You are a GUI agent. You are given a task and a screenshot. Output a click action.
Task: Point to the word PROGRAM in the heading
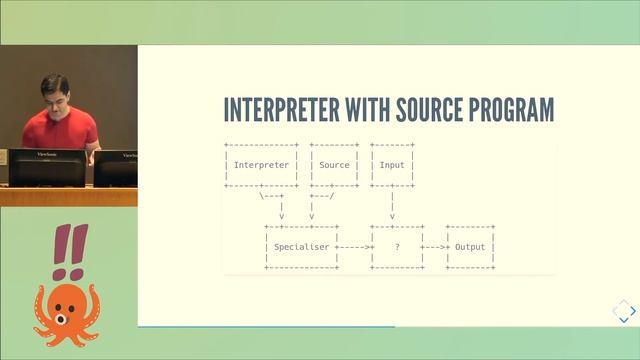[x=516, y=110]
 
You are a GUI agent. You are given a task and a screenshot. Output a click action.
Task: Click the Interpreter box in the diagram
[x=261, y=165]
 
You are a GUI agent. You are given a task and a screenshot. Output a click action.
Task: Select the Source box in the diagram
[x=334, y=165]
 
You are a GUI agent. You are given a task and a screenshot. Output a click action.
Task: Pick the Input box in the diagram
[x=392, y=165]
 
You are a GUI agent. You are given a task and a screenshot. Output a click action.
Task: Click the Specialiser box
[x=301, y=246]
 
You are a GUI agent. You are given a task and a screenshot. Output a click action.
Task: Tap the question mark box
[x=397, y=246]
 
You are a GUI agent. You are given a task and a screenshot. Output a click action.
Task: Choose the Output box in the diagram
[x=470, y=246]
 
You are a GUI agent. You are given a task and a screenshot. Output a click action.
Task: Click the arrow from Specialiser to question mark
[x=354, y=246]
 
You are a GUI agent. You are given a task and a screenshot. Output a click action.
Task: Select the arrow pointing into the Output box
[x=436, y=246]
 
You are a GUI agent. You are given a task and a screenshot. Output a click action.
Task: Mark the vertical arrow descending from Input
[x=392, y=205]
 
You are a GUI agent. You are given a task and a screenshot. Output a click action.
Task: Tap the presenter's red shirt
[x=60, y=130]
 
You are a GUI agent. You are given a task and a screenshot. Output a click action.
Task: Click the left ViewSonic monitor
[x=47, y=166]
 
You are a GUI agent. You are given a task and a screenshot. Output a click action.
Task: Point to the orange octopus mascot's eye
[x=60, y=319]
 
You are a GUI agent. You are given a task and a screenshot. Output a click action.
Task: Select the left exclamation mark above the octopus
[x=60, y=250]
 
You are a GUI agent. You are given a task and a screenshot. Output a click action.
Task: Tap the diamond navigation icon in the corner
[x=624, y=311]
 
